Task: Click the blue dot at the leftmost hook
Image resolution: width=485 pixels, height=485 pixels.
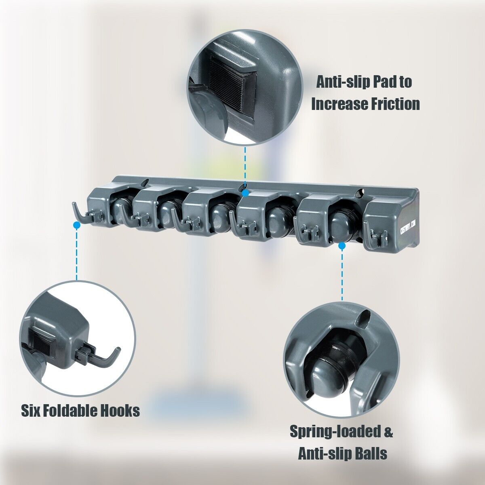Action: (77, 225)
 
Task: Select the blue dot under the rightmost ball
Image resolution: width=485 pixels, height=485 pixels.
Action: (342, 245)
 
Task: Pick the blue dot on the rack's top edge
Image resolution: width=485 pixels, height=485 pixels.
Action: (245, 193)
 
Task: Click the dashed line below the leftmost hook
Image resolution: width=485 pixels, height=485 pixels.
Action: (77, 255)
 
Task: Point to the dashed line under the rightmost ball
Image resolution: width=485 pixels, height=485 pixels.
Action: (342, 275)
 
